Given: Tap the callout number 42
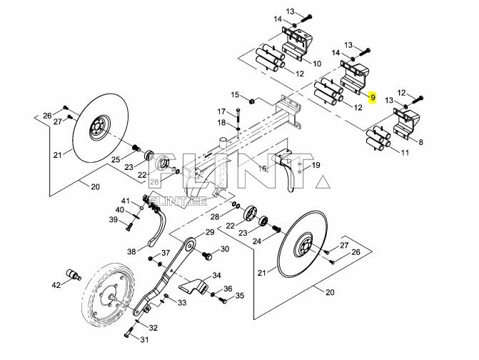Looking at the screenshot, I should click(56, 285).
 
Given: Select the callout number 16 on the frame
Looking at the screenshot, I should click(262, 169).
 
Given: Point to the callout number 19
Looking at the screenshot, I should click(316, 165).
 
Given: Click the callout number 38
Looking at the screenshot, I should click(131, 251).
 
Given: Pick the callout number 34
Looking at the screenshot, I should click(216, 275).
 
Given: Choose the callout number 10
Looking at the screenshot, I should click(317, 64).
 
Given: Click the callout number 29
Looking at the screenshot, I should click(210, 233).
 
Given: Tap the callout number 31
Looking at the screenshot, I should click(144, 339).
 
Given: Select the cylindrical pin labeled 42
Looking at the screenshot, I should click(72, 274).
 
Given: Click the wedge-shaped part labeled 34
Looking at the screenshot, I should click(193, 287).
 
